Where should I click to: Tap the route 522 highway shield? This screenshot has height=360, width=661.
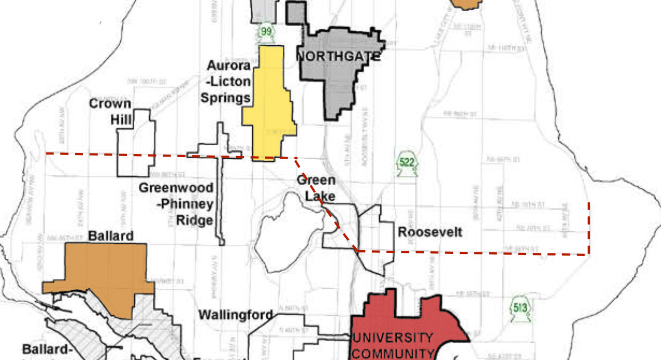[x=407, y=163]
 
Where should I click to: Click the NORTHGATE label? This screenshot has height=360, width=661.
[x=338, y=56]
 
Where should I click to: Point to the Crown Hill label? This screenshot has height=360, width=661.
[x=110, y=111]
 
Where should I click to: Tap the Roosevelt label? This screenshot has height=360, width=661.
[x=430, y=232]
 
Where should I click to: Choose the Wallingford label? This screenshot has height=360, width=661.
[x=236, y=315]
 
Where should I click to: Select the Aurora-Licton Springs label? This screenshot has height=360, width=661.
[x=229, y=82]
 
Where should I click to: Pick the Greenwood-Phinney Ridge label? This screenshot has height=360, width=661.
[x=176, y=204]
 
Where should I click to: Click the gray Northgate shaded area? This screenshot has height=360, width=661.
[x=338, y=83]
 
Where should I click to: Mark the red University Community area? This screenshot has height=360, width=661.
[x=411, y=317]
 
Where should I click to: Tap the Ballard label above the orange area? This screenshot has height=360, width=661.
[x=111, y=236]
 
